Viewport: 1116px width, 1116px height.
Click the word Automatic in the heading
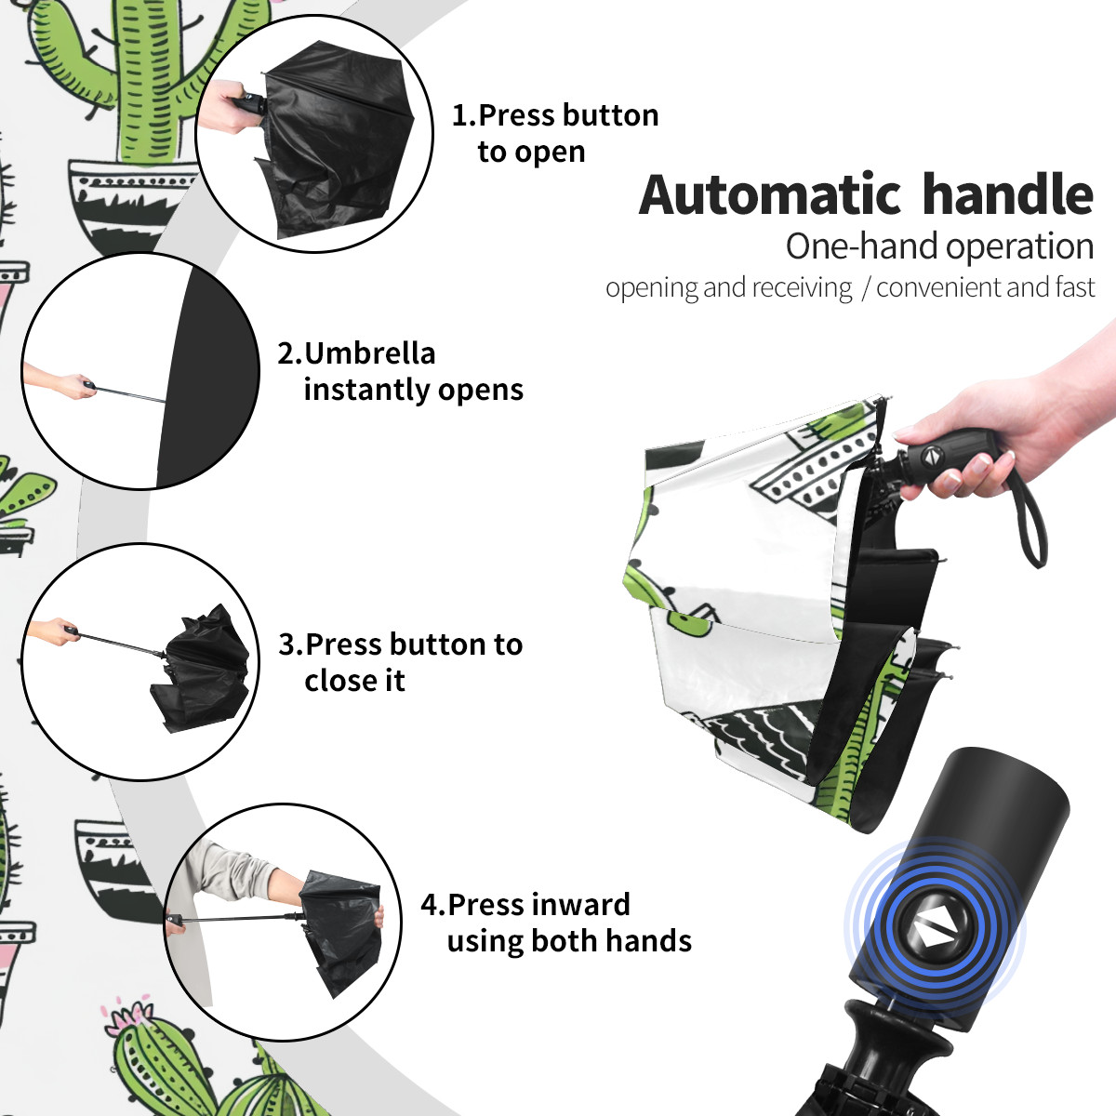[x=770, y=194]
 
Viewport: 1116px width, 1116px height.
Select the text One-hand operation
[x=939, y=246]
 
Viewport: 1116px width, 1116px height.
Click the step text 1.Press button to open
[x=555, y=133]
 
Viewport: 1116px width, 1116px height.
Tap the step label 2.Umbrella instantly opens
[x=400, y=371]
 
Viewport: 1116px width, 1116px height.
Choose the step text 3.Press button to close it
[x=400, y=662]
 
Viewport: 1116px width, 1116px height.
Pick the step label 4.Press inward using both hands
[x=556, y=923]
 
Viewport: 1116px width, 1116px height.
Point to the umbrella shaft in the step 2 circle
[x=129, y=393]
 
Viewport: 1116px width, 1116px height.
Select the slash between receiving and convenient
[x=865, y=288]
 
